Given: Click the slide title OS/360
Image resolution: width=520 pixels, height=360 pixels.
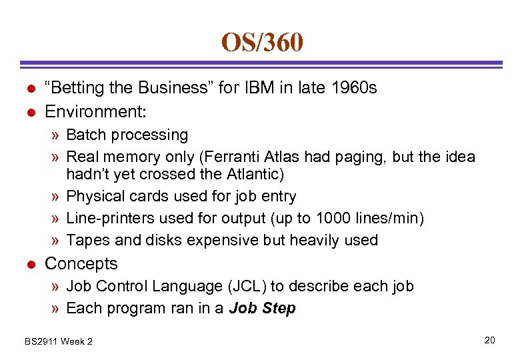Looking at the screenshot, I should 262,43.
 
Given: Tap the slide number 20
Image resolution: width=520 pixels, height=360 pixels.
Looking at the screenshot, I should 489,341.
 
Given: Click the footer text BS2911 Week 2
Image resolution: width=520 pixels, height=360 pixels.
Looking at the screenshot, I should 59,341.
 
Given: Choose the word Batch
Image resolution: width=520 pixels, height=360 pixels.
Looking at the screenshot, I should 89,135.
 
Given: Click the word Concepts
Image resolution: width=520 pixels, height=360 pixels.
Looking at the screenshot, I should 81,263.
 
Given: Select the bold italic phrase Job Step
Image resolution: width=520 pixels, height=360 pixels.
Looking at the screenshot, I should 262,308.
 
